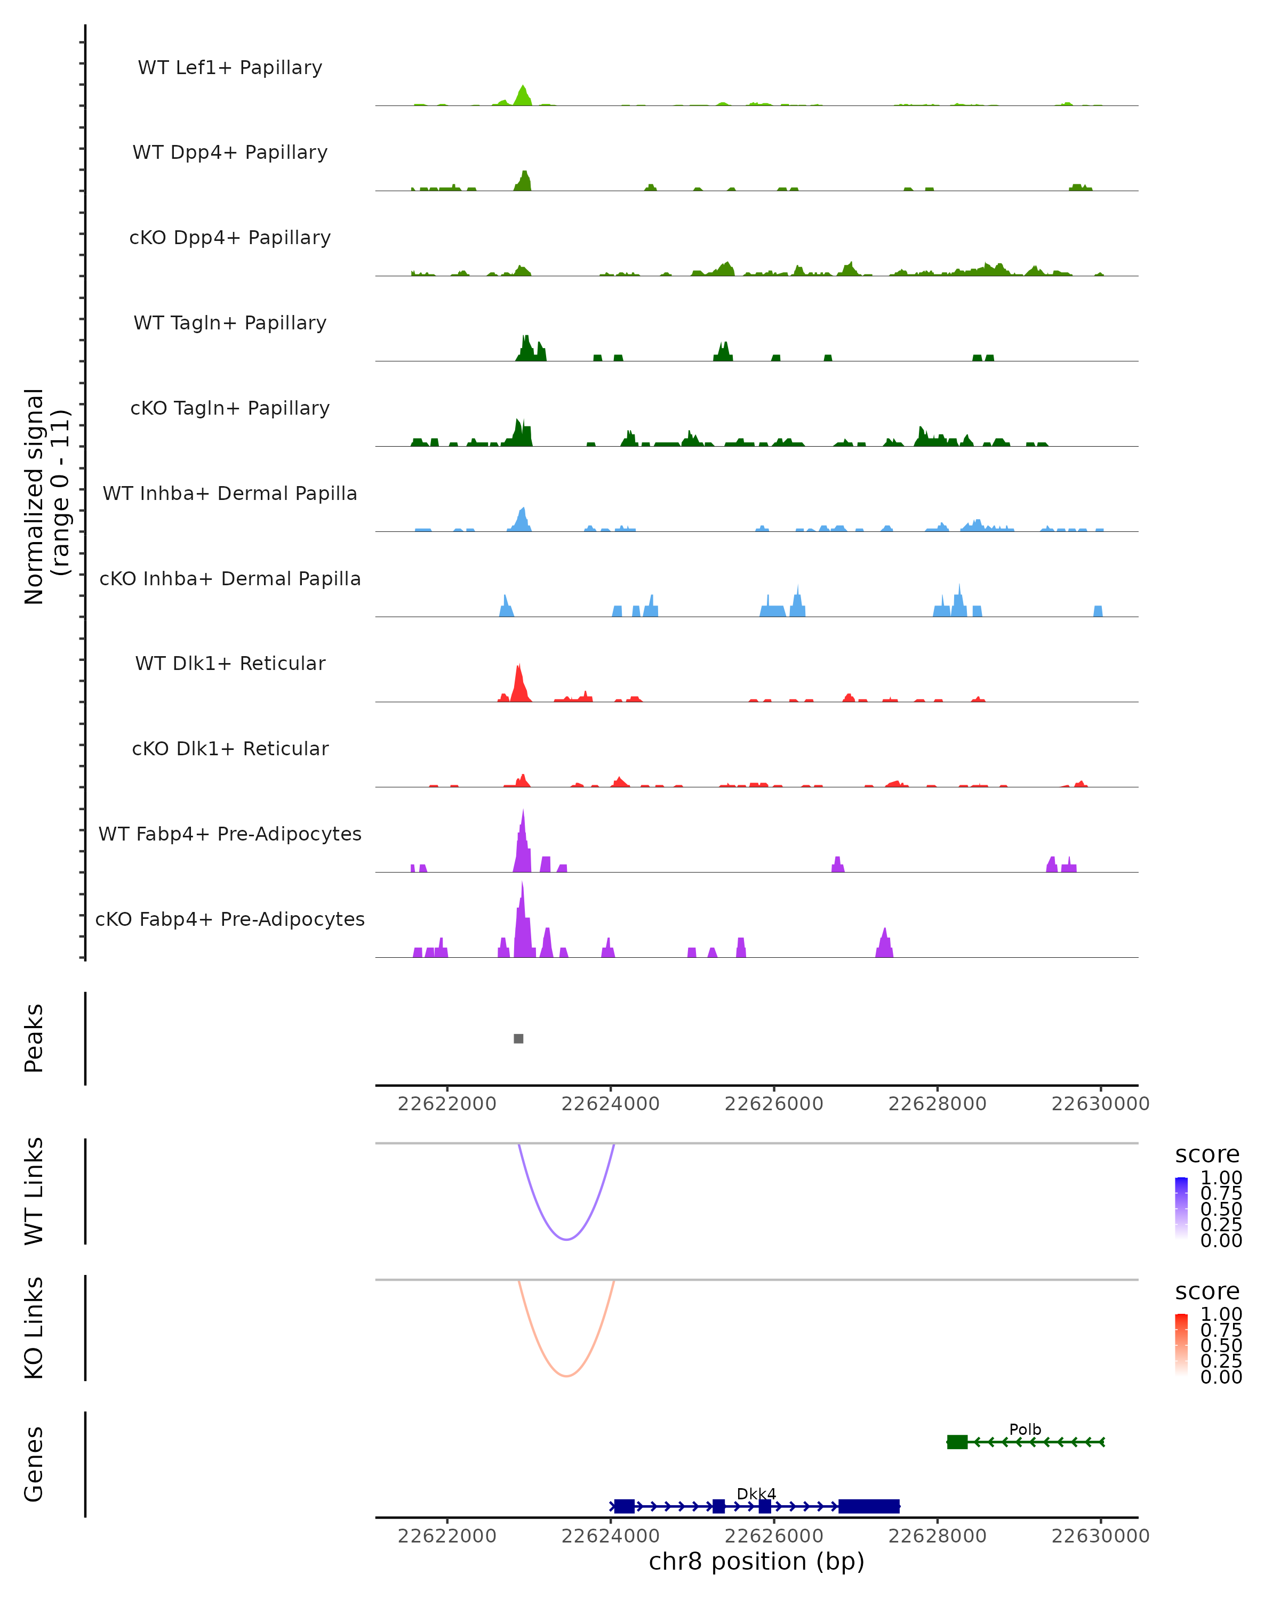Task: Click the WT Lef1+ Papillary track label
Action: [x=230, y=68]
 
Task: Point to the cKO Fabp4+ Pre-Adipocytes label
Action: [x=230, y=919]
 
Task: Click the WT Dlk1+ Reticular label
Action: [x=230, y=663]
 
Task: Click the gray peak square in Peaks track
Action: [x=519, y=1038]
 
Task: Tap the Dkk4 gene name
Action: [x=756, y=1493]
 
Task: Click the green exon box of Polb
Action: [x=957, y=1442]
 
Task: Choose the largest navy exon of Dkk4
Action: [x=869, y=1506]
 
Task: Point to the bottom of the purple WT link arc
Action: [x=566, y=1239]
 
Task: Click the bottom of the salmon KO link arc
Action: [x=566, y=1376]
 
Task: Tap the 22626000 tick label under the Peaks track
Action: [x=774, y=1104]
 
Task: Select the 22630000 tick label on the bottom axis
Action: [x=1100, y=1536]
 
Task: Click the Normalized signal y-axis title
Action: [x=46, y=496]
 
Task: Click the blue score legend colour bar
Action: [x=1181, y=1208]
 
